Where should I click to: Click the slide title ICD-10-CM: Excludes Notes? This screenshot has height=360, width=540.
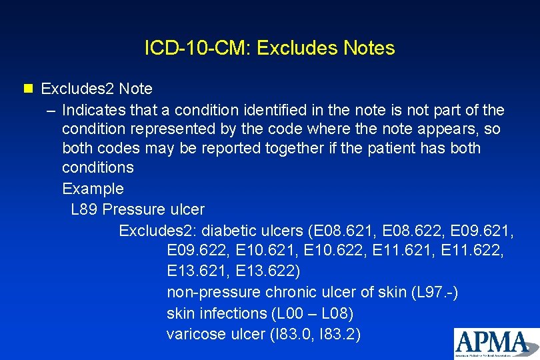[x=269, y=48]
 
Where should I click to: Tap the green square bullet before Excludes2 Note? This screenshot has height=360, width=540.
[x=27, y=89]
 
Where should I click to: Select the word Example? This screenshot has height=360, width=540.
[x=93, y=189]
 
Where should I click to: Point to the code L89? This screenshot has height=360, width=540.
[x=85, y=209]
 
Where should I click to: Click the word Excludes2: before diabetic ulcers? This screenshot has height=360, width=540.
[x=157, y=231]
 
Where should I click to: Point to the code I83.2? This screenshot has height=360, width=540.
[x=335, y=334]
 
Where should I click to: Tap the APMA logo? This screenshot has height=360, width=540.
[x=496, y=343]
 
